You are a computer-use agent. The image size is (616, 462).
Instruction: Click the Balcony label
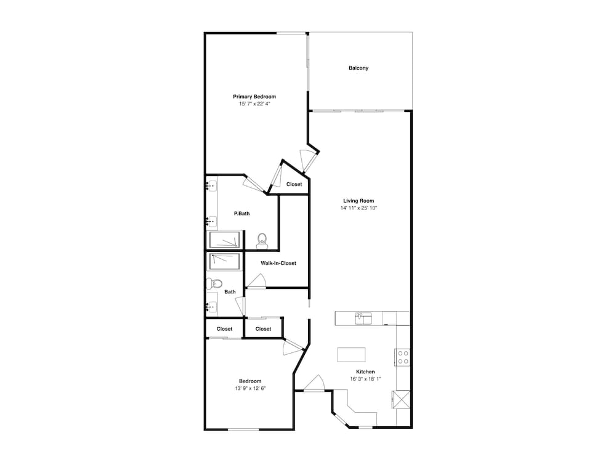point(359,68)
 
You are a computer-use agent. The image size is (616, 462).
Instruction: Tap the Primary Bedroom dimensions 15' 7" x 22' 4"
point(254,104)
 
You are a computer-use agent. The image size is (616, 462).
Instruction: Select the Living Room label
point(359,201)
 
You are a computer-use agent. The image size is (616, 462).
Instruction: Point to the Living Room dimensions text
point(359,208)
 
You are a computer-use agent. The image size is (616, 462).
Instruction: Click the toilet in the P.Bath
point(262,241)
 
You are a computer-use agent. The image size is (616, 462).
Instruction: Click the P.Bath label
point(241,214)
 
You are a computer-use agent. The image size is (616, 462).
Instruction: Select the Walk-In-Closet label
point(278,263)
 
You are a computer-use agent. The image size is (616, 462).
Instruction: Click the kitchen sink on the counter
point(363,318)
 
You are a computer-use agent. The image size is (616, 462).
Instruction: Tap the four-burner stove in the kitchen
point(403,357)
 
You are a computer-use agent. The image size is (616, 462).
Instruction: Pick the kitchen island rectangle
point(351,355)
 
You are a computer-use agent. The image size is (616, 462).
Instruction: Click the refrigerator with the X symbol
point(401,400)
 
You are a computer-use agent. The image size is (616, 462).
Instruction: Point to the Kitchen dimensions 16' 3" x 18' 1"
point(365,379)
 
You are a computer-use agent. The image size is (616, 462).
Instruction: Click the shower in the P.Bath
point(224,240)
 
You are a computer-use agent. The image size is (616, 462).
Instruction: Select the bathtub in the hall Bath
point(224,262)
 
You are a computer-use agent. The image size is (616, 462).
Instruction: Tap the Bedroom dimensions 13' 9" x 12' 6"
point(250,389)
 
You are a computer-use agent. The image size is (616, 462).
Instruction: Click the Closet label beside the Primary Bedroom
point(294,184)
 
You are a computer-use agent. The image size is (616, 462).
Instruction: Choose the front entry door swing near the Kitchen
point(314,383)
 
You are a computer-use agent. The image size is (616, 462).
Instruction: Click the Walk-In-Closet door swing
point(256,282)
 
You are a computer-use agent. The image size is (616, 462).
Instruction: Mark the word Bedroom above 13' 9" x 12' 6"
point(250,381)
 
